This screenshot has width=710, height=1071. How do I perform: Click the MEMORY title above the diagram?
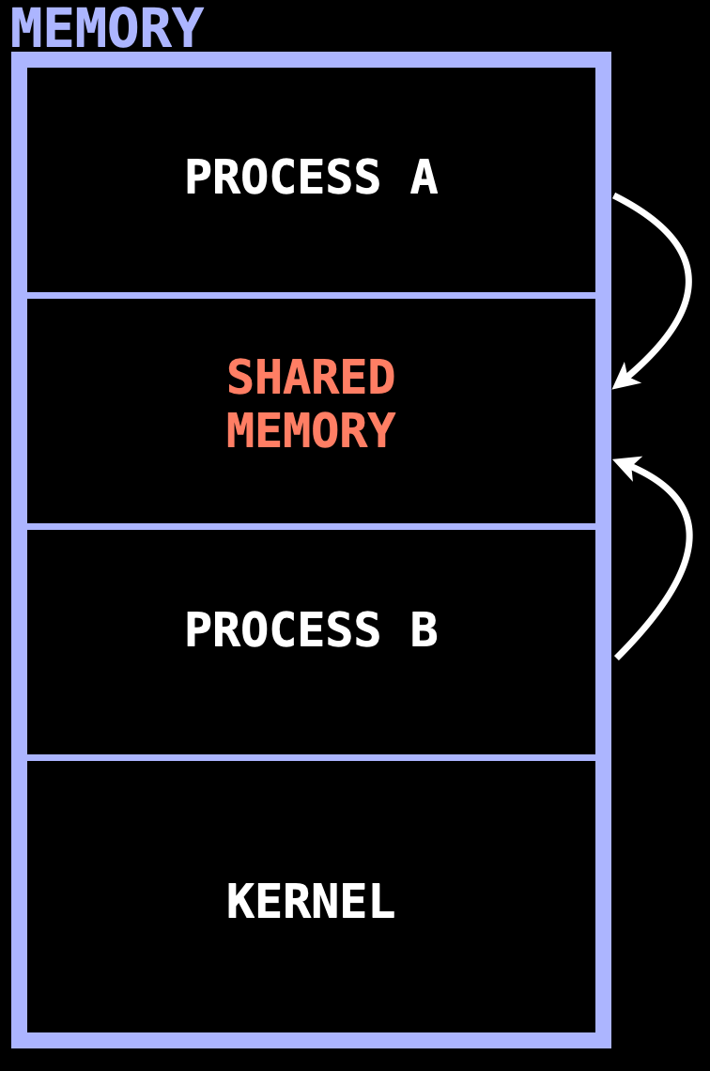coord(107,28)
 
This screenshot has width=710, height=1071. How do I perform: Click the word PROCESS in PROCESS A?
coord(282,178)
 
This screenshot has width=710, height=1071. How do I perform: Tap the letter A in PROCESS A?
coord(424,178)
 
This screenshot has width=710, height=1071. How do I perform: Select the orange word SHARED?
coord(311,378)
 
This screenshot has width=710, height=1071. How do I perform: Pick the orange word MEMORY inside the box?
coord(311,431)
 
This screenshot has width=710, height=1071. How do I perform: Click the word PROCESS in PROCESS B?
coord(282,630)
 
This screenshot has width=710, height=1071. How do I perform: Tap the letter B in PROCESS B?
coord(424,630)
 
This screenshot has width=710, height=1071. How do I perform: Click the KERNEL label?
coord(311,902)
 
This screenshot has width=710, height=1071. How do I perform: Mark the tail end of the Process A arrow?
coord(615,196)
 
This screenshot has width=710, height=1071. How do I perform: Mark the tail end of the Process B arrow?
coord(617,657)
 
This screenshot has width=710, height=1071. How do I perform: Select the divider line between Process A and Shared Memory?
coord(311,295)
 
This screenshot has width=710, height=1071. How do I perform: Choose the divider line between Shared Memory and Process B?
coord(311,526)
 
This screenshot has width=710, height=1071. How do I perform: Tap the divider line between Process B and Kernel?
coord(311,757)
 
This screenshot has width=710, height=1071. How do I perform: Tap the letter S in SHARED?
coord(240,378)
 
